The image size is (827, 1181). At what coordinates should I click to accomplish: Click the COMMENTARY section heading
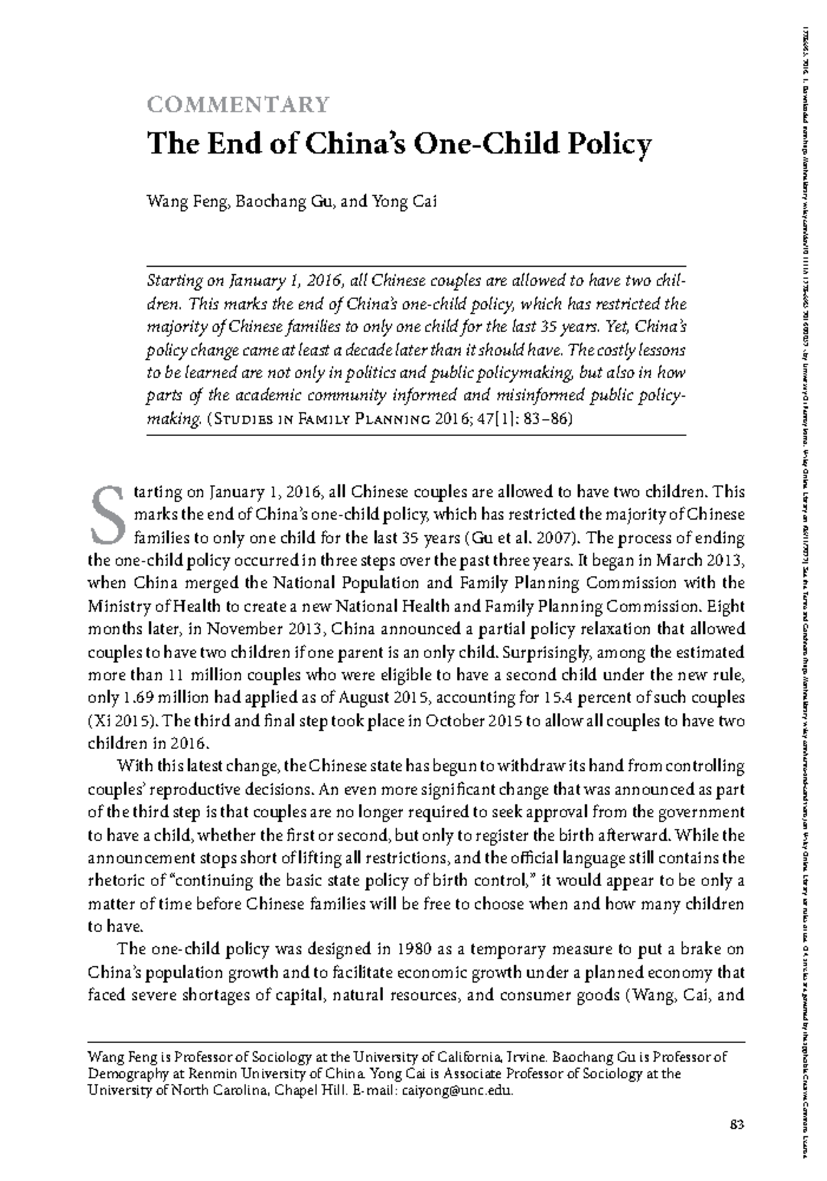(238, 104)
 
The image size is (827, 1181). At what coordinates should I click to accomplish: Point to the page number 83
(737, 1125)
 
